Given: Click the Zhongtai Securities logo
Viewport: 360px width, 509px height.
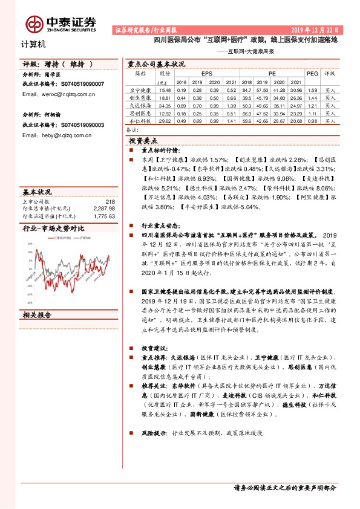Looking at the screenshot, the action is point(61,23).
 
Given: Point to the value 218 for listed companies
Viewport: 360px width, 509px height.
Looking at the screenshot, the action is point(110,201).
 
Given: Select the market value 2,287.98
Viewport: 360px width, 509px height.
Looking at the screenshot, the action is point(104,209).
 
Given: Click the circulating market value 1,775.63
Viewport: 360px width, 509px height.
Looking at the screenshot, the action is point(104,215).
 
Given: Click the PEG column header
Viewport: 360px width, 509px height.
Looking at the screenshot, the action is point(312,73).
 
